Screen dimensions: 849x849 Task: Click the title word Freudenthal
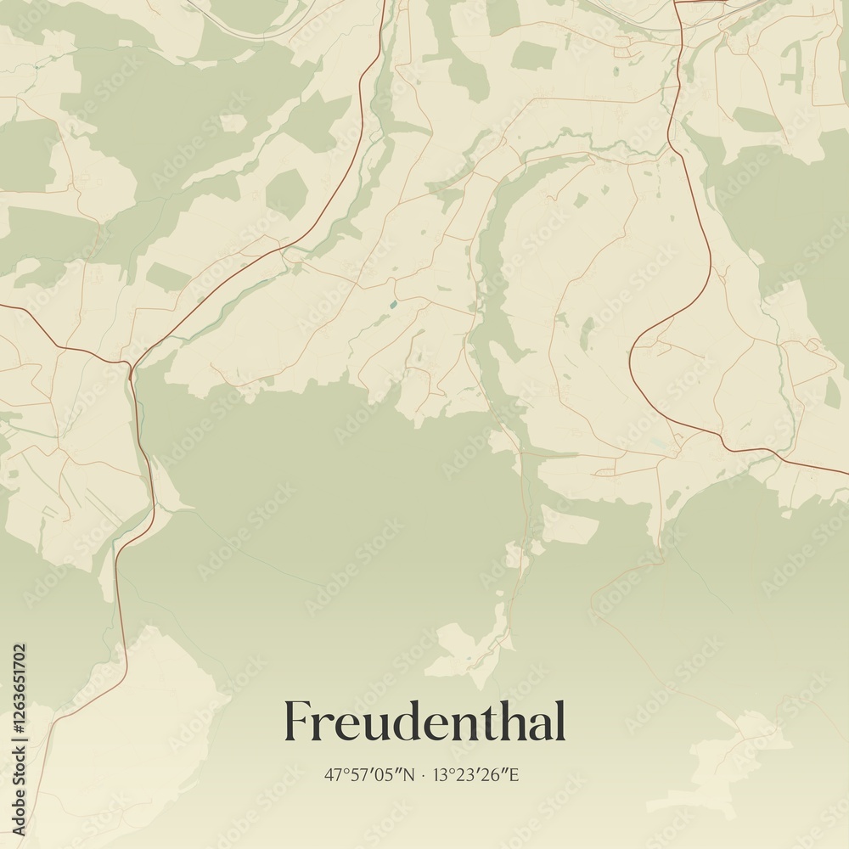click(424, 722)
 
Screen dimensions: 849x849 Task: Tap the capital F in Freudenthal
click(296, 722)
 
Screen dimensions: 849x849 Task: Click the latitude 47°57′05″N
click(369, 774)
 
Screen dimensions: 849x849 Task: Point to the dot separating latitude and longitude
click(423, 775)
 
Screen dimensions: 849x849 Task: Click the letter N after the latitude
click(409, 774)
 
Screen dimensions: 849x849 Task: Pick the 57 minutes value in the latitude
click(357, 774)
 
